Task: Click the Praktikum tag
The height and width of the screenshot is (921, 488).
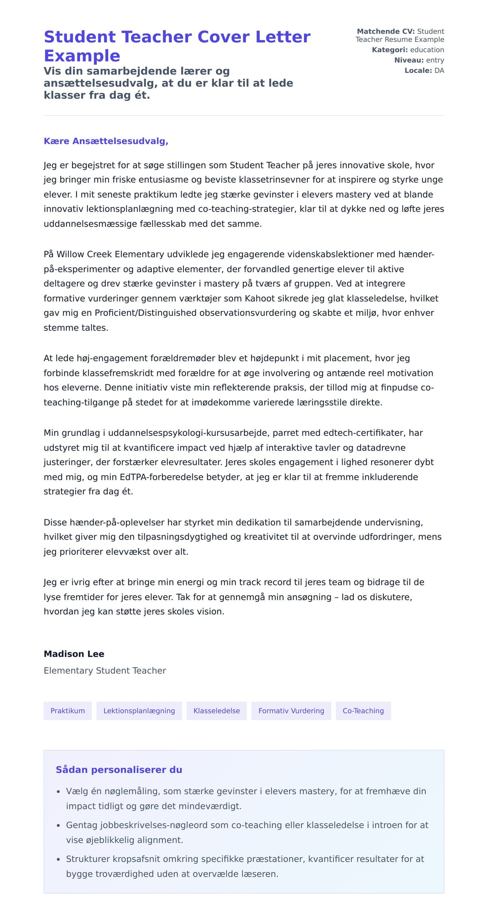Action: [x=68, y=711]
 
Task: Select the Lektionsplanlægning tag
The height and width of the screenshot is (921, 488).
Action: [x=139, y=711]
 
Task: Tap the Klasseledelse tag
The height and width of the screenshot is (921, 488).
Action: [x=216, y=711]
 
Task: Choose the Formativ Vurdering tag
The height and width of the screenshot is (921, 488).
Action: [x=291, y=711]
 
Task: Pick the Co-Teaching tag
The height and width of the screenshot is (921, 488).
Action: [x=363, y=711]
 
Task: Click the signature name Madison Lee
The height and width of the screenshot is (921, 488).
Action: [x=74, y=654]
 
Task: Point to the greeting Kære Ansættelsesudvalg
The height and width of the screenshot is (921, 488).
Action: [x=106, y=141]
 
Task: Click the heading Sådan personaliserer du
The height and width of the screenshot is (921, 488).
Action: [x=119, y=770]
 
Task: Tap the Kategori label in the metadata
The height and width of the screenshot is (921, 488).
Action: [x=390, y=50]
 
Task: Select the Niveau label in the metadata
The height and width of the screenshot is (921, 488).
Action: [x=409, y=60]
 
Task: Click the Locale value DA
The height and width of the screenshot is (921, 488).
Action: [x=439, y=70]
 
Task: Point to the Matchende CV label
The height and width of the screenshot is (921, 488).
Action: [x=386, y=31]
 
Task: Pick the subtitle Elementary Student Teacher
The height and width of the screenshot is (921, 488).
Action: [x=105, y=670]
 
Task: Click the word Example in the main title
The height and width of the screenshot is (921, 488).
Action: [x=82, y=56]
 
